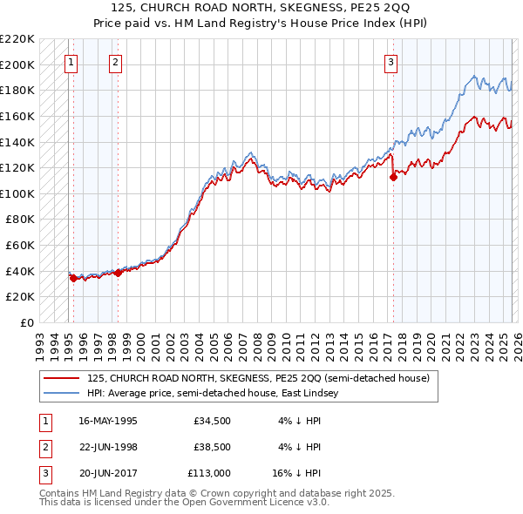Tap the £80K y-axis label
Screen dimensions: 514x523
(20, 220)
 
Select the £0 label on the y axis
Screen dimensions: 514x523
(25, 322)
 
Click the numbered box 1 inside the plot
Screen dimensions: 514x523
(70, 62)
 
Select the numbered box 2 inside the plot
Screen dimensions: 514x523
(115, 62)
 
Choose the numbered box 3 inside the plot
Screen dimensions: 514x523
(391, 62)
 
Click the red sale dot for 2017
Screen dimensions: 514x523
(393, 177)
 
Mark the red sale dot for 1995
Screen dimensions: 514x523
(73, 278)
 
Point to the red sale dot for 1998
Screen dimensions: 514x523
(119, 273)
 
